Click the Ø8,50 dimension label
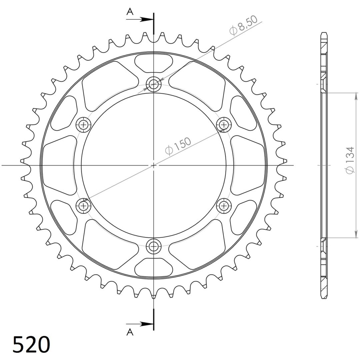click(x=243, y=25)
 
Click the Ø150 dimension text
click(x=178, y=146)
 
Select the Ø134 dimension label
click(x=350, y=160)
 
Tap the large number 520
click(x=31, y=344)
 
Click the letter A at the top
click(x=130, y=11)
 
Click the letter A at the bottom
click(x=130, y=332)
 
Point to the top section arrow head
click(x=147, y=19)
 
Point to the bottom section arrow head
click(x=147, y=324)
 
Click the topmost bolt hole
click(x=154, y=84)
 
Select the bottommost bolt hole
click(x=154, y=246)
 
